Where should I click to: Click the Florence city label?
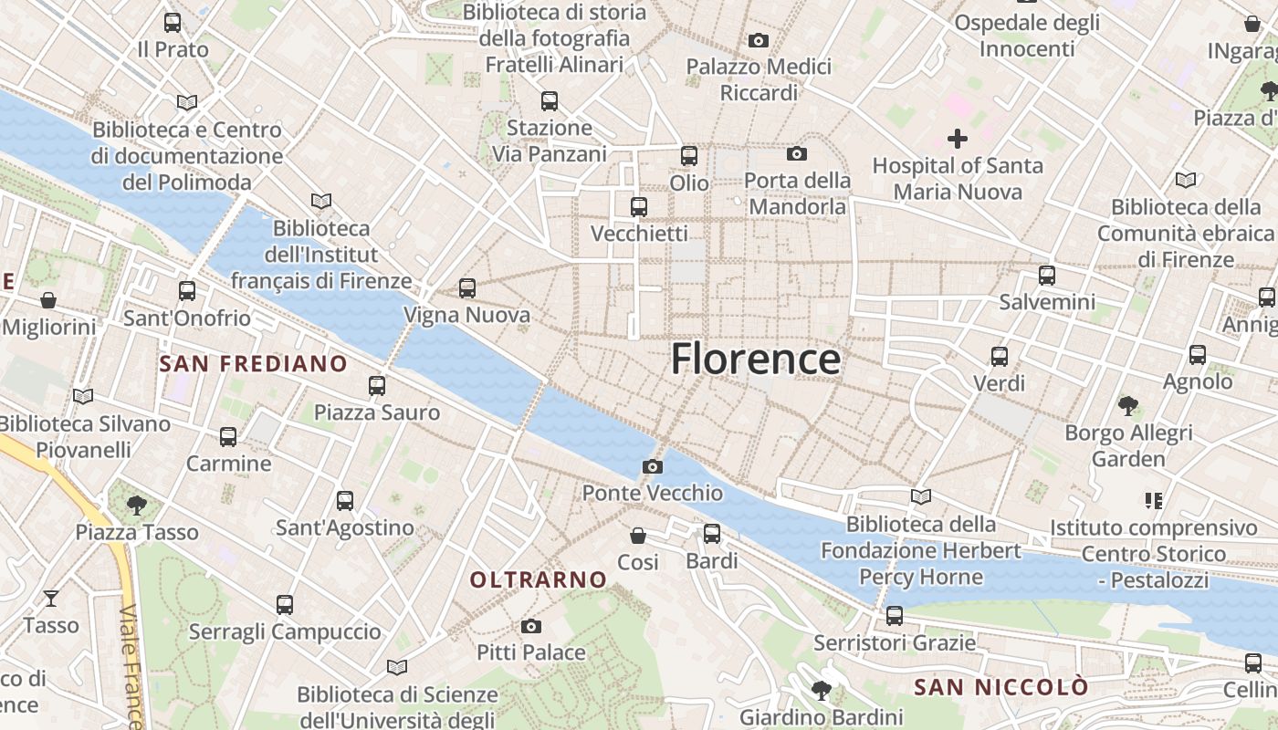tap(756, 359)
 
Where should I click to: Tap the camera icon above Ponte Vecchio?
tap(652, 467)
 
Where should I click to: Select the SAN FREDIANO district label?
tap(253, 364)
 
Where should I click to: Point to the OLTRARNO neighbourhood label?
tap(538, 579)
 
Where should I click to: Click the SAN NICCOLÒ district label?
tap(1001, 687)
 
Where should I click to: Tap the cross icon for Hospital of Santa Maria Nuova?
tap(957, 139)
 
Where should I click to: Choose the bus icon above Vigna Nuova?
tap(467, 288)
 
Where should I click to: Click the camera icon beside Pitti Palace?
tap(531, 626)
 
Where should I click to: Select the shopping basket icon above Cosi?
tap(638, 536)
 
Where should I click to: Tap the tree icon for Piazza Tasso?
tap(137, 504)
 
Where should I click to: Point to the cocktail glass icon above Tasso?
tap(51, 599)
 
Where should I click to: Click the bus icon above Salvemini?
tap(1046, 275)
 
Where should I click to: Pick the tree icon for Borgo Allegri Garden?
tap(1128, 405)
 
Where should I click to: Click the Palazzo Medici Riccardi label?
tap(759, 79)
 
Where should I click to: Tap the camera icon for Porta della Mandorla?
tap(797, 153)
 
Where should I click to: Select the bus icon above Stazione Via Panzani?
tap(549, 101)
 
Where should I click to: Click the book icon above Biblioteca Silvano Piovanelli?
tap(83, 396)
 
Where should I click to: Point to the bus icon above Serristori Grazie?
tap(894, 616)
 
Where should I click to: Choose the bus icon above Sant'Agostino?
tap(344, 501)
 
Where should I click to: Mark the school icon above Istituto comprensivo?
tap(1153, 501)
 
